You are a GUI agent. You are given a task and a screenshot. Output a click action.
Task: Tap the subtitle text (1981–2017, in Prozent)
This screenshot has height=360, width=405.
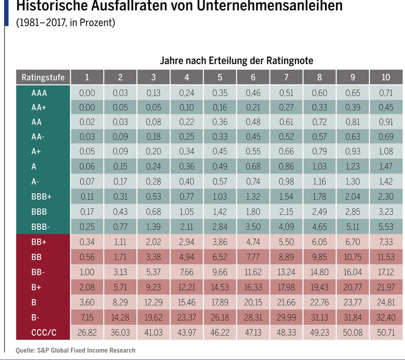[66, 22]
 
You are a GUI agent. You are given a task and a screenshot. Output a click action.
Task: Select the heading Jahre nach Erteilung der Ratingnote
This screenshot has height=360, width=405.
[236, 61]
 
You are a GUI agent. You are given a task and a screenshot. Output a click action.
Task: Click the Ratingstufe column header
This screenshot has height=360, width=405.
[43, 77]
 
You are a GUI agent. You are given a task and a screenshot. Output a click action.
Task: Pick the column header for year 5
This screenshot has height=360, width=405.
[220, 77]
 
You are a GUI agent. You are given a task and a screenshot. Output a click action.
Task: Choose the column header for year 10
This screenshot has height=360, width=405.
[386, 77]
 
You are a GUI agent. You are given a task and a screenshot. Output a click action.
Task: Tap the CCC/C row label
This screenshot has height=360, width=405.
[43, 332]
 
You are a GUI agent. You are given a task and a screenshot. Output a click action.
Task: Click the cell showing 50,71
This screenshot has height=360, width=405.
[386, 332]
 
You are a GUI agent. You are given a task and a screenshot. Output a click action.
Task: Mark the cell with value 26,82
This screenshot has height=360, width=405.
[87, 332]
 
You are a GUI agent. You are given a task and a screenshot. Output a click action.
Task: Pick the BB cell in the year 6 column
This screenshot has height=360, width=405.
[253, 257]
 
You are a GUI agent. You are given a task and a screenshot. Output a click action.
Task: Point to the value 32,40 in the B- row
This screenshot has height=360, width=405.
[386, 317]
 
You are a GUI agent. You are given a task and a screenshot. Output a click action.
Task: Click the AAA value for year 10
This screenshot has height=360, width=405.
[386, 93]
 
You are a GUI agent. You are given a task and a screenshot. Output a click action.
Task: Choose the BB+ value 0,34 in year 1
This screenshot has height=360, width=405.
[87, 242]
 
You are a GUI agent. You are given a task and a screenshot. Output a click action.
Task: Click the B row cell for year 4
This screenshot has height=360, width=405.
[186, 302]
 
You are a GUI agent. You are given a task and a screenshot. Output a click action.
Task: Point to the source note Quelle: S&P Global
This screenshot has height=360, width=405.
[75, 350]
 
